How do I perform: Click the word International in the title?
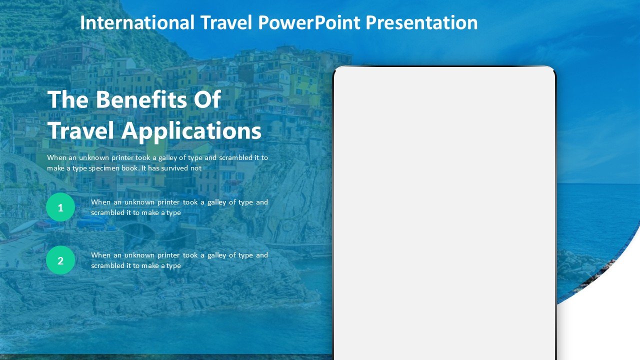pyautogui.click(x=137, y=22)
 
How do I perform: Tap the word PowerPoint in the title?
pyautogui.click(x=309, y=23)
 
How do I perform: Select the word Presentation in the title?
pyautogui.click(x=421, y=22)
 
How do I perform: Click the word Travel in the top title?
pyautogui.click(x=226, y=22)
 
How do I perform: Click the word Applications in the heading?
pyautogui.click(x=191, y=131)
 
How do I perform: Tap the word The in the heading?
pyautogui.click(x=68, y=99)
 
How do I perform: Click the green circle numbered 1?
pyautogui.click(x=60, y=207)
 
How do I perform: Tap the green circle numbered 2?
pyautogui.click(x=60, y=260)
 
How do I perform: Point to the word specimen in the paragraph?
pyautogui.click(x=103, y=168)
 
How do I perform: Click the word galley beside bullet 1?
pyautogui.click(x=216, y=202)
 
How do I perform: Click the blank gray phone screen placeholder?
pyautogui.click(x=444, y=213)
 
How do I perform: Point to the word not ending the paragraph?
pyautogui.click(x=195, y=168)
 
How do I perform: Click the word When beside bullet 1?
pyautogui.click(x=100, y=202)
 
